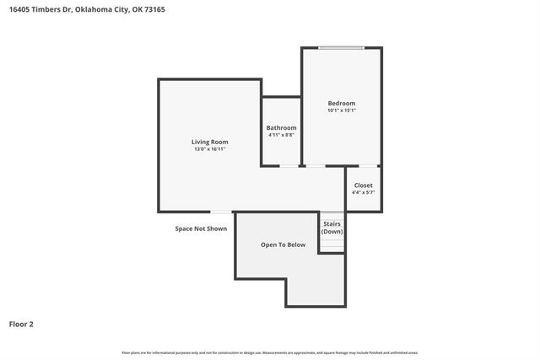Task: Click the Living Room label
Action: click(x=209, y=142)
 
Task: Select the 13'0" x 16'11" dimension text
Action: click(x=209, y=149)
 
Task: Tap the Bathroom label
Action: click(x=281, y=127)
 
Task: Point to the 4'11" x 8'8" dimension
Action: click(x=281, y=135)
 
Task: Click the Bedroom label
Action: click(x=342, y=103)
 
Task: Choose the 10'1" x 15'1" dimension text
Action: click(x=342, y=110)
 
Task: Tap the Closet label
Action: click(x=363, y=185)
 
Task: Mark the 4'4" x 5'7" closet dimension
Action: click(x=363, y=192)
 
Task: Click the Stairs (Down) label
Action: click(x=332, y=228)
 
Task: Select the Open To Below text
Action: click(x=283, y=244)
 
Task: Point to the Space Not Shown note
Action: click(x=201, y=228)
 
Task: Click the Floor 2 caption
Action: click(x=21, y=324)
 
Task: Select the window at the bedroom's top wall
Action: click(x=342, y=47)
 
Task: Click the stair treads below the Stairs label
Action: click(x=332, y=244)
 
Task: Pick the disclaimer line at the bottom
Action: click(x=270, y=352)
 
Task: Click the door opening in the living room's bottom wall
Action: click(x=221, y=212)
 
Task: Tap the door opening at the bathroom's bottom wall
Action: click(x=289, y=166)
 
